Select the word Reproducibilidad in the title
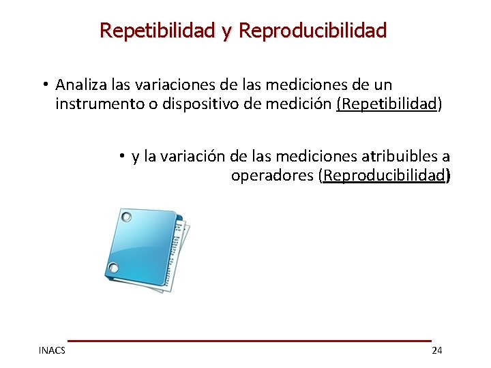314,31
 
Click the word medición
300,104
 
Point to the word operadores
272,176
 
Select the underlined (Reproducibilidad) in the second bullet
385,176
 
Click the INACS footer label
52,350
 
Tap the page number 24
437,350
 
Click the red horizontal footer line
249,340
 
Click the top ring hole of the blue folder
125,217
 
